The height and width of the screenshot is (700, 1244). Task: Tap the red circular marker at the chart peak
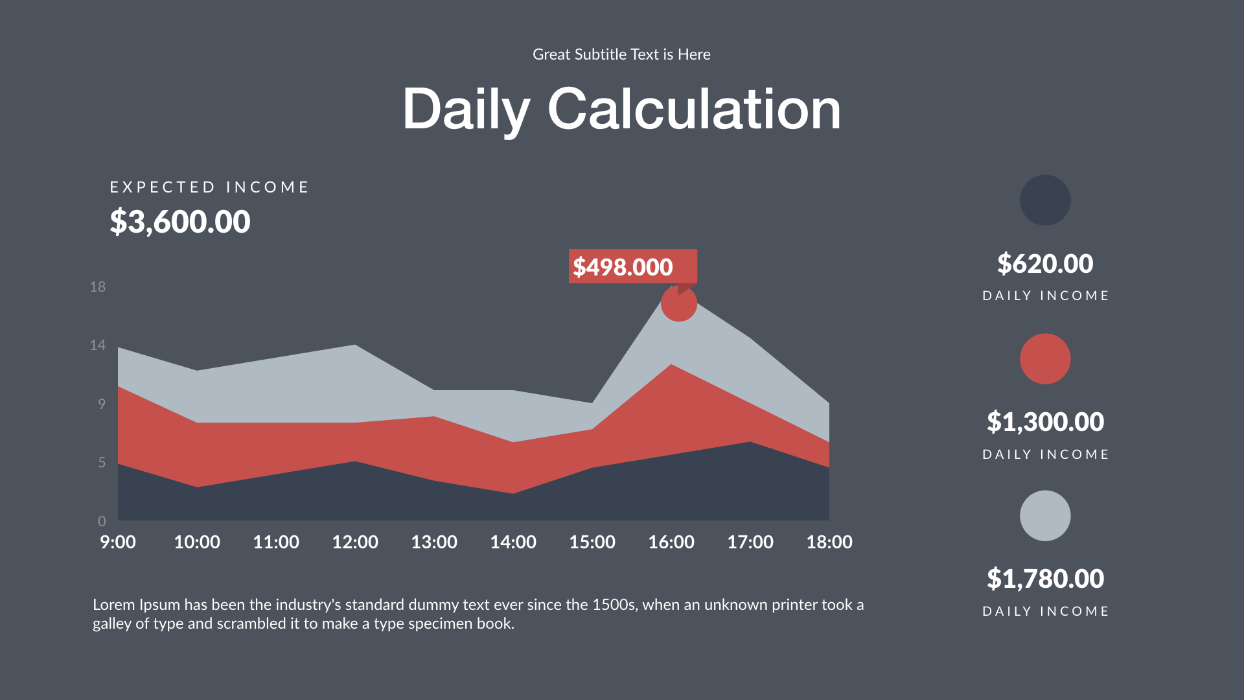pos(678,303)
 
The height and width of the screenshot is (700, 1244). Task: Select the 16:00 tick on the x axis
pos(671,542)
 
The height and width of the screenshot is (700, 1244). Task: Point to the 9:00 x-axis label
pos(118,542)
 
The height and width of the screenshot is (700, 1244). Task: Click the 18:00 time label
pos(829,542)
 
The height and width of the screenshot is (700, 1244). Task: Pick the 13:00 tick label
pos(434,542)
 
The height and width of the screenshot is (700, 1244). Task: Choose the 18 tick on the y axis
pos(98,286)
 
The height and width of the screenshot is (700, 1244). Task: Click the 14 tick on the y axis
pos(98,345)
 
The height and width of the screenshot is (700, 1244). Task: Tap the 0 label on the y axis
pos(102,521)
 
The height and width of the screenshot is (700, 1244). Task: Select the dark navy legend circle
pos(1044,200)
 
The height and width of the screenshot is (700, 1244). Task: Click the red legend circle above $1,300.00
pos(1044,358)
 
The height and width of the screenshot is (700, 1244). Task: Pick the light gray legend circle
pos(1044,516)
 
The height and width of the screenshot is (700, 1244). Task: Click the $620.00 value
pos(1044,263)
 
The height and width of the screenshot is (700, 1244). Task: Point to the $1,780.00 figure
pos(1044,579)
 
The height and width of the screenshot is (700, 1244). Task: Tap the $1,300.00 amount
pos(1044,422)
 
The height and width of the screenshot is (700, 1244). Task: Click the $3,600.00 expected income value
pos(179,222)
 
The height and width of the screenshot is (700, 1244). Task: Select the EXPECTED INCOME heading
pos(209,187)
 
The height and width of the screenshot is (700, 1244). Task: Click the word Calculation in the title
pos(694,109)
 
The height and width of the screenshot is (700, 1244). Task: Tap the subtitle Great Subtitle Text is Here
pos(621,54)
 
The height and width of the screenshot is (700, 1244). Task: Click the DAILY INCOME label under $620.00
pos(1045,296)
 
